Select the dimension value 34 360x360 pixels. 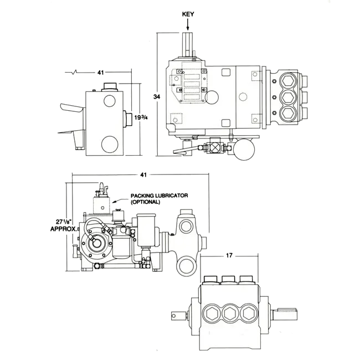pyautogui.click(x=157, y=97)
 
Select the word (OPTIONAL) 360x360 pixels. pyautogui.click(x=145, y=202)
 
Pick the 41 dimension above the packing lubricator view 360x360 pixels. pyautogui.click(x=143, y=175)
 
